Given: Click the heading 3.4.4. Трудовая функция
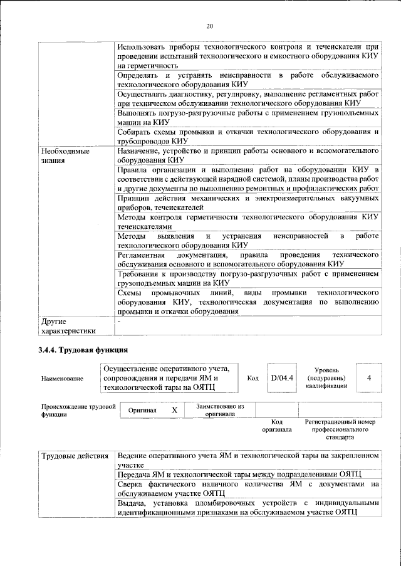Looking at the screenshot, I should click(83, 349).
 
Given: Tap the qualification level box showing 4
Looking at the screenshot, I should click(369, 378).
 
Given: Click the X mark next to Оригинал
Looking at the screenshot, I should click(174, 409).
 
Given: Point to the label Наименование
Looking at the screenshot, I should click(62, 379).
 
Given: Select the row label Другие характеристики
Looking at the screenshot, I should click(68, 326).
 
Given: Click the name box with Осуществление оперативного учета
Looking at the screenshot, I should click(170, 378).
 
